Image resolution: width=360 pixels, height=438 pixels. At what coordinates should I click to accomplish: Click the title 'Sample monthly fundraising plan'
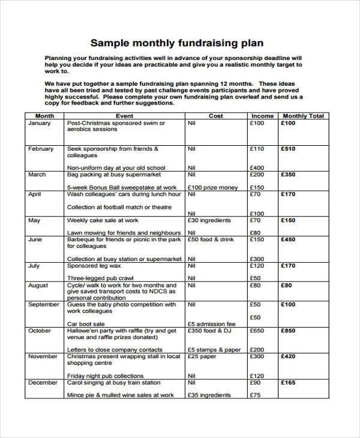pos(176,43)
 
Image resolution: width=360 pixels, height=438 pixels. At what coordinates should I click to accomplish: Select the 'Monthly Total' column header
pos(303,116)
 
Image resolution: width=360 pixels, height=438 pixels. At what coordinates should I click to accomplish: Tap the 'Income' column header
pos(262,116)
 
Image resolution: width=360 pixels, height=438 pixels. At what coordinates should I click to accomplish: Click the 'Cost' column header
pos(215,116)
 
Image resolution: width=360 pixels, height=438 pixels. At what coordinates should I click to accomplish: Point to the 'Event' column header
pos(124,116)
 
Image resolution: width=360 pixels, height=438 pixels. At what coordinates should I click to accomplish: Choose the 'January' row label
pos(39,123)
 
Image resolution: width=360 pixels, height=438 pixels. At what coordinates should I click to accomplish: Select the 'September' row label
pos(44,304)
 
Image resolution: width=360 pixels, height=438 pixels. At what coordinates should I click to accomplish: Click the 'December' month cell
pos(42,382)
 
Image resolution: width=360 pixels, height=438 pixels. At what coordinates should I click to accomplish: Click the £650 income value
pos(257,331)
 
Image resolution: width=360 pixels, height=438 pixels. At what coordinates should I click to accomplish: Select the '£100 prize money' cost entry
pos(212,188)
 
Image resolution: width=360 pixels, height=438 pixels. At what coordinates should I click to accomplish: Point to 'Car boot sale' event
pos(85,324)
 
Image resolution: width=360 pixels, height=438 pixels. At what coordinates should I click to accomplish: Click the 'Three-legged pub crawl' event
pos(100,278)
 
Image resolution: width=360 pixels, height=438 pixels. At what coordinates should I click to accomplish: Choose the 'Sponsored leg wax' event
pos(94,266)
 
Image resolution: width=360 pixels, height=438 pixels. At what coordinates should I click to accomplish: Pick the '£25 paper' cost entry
pos(202,356)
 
